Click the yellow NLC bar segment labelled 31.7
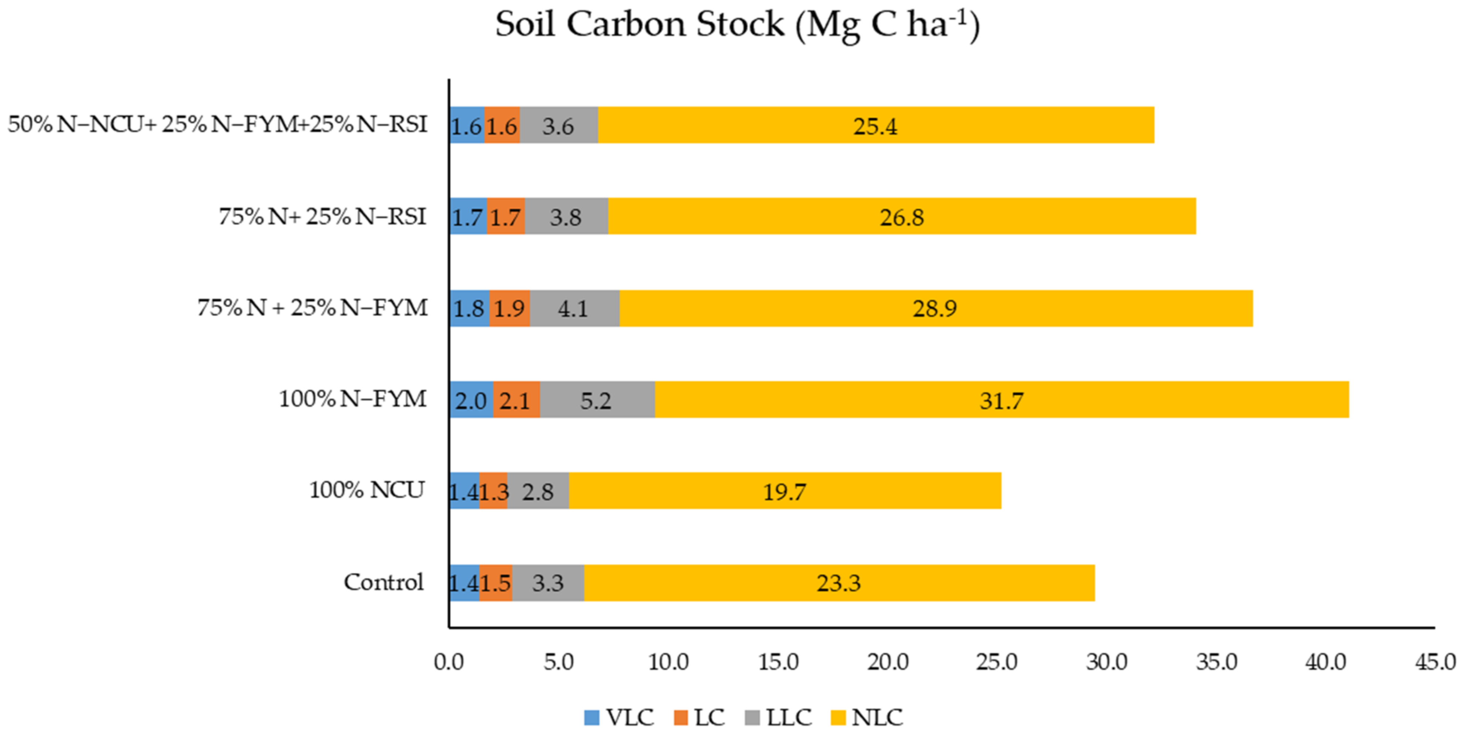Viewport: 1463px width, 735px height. pyautogui.click(x=1001, y=400)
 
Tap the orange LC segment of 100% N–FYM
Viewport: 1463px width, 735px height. pyautogui.click(x=516, y=400)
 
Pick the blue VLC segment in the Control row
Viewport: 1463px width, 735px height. pyautogui.click(x=464, y=583)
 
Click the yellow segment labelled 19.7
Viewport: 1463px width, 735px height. pyautogui.click(x=784, y=491)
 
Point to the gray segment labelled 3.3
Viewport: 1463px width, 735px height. pyautogui.click(x=548, y=583)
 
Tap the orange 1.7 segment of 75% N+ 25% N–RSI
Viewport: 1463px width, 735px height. pyautogui.click(x=505, y=217)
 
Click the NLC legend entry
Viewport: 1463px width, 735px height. pyautogui.click(x=867, y=717)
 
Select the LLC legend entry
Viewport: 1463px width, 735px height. pyautogui.click(x=779, y=717)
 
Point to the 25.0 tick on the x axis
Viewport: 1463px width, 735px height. pyautogui.click(x=997, y=662)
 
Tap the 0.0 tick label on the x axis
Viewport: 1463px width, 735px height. pyautogui.click(x=449, y=662)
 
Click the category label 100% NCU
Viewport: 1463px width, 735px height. pyautogui.click(x=367, y=490)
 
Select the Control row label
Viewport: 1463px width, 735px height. pyautogui.click(x=384, y=582)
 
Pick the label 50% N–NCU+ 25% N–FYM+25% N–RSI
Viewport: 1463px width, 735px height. pyautogui.click(x=217, y=125)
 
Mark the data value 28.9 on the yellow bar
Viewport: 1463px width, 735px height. pyautogui.click(x=934, y=308)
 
